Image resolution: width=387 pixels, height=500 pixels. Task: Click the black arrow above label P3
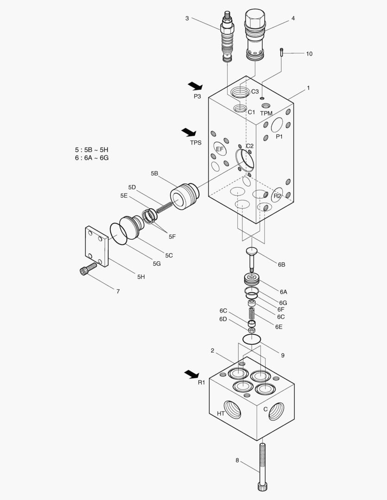[196, 86]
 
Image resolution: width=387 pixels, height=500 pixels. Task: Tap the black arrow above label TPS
[189, 132]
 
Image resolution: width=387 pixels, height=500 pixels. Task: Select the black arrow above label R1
[191, 374]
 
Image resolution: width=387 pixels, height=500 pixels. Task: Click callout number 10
[309, 54]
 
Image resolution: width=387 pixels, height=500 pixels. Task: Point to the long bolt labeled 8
[263, 466]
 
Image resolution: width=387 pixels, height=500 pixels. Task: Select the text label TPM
[266, 113]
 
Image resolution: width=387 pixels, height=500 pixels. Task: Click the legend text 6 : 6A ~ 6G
[92, 158]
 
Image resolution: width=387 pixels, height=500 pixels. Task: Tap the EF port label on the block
[220, 149]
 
